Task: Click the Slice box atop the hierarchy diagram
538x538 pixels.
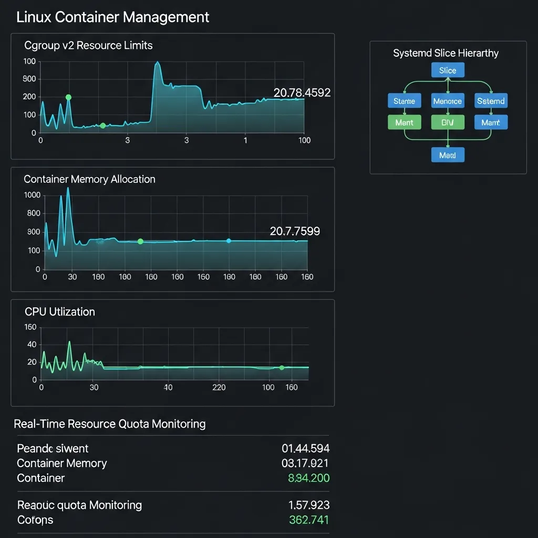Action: (x=448, y=70)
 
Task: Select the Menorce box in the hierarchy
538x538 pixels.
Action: (x=448, y=101)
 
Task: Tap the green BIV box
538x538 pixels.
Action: (x=448, y=122)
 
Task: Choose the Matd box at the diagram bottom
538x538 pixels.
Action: (x=448, y=155)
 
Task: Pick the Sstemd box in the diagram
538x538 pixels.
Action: (x=491, y=101)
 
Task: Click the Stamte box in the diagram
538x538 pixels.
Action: (x=404, y=101)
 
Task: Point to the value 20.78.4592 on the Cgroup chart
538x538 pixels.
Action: (x=302, y=93)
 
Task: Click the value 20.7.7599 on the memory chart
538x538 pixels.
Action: (x=295, y=231)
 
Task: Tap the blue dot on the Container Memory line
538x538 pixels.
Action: (x=229, y=241)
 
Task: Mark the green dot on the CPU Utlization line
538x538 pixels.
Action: (x=282, y=368)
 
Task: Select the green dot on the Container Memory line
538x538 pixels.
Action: (x=140, y=241)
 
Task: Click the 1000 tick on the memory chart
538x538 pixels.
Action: (x=32, y=195)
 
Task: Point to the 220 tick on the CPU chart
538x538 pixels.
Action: (x=219, y=388)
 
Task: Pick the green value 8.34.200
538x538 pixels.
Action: (x=309, y=478)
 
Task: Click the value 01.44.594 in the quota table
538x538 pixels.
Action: (x=306, y=449)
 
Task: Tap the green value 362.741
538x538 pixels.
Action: (x=309, y=520)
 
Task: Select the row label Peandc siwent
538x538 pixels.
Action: (x=53, y=449)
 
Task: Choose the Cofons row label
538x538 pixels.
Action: (x=35, y=520)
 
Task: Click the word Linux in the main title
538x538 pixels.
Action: (x=34, y=17)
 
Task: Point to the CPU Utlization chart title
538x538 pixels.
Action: (x=60, y=312)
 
